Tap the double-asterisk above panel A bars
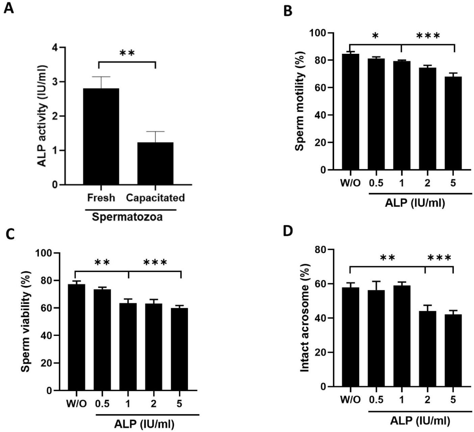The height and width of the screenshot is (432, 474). pyautogui.click(x=127, y=53)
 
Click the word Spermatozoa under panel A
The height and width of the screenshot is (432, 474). pyautogui.click(x=127, y=217)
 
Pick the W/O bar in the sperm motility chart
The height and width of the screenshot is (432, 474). pyautogui.click(x=350, y=112)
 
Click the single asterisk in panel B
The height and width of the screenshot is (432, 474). pyautogui.click(x=375, y=36)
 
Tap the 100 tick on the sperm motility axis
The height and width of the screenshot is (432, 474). pyautogui.click(x=319, y=33)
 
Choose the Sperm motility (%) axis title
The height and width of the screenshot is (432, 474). pyautogui.click(x=300, y=101)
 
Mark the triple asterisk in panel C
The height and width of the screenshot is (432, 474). pyautogui.click(x=155, y=263)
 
